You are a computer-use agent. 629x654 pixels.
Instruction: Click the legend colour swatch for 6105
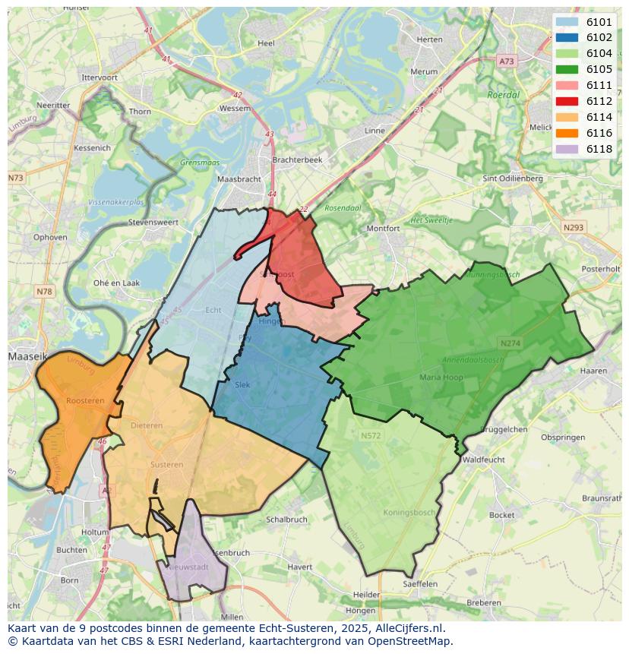coord(567,69)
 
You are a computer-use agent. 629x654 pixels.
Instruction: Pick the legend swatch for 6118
coord(567,149)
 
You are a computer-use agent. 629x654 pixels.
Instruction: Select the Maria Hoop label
coord(441,377)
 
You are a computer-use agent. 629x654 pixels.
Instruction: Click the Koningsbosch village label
coord(409,513)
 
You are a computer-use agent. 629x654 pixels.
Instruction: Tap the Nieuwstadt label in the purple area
coord(188,567)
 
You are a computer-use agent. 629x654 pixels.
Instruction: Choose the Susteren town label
coord(166,464)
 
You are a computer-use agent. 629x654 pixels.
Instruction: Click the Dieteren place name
coord(147,425)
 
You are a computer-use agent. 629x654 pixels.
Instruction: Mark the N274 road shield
coord(510,343)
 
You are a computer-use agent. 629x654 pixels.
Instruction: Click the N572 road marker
coord(371,435)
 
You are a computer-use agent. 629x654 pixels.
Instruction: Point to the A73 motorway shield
coord(507,60)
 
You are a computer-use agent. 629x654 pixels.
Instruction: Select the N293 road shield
coord(574,227)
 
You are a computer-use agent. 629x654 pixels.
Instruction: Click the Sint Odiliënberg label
coord(513,179)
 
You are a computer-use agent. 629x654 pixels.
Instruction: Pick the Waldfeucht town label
coord(484,460)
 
